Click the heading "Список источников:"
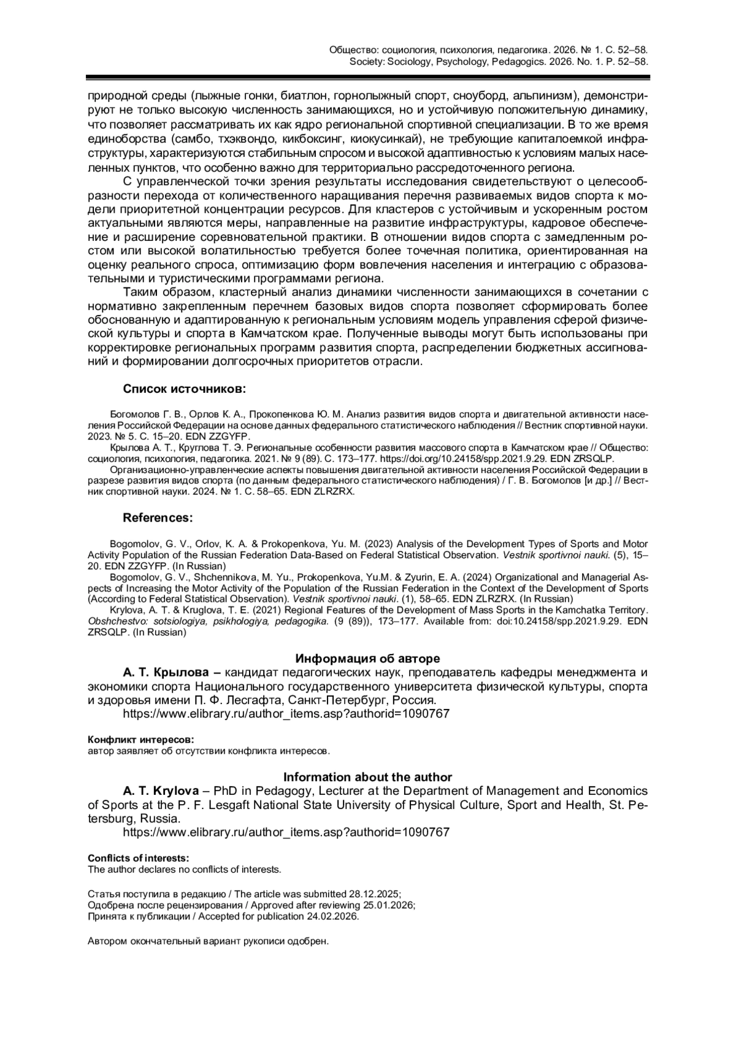click(x=184, y=389)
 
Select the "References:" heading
click(x=158, y=518)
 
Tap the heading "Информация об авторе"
click(x=367, y=659)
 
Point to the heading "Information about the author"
click(x=367, y=777)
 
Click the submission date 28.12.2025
click(x=374, y=894)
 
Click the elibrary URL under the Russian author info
click(x=286, y=713)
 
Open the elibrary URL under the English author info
click(x=286, y=832)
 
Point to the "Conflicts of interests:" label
click(x=139, y=858)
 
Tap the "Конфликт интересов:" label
click(x=140, y=740)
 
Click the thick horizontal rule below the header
click(x=367, y=77)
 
